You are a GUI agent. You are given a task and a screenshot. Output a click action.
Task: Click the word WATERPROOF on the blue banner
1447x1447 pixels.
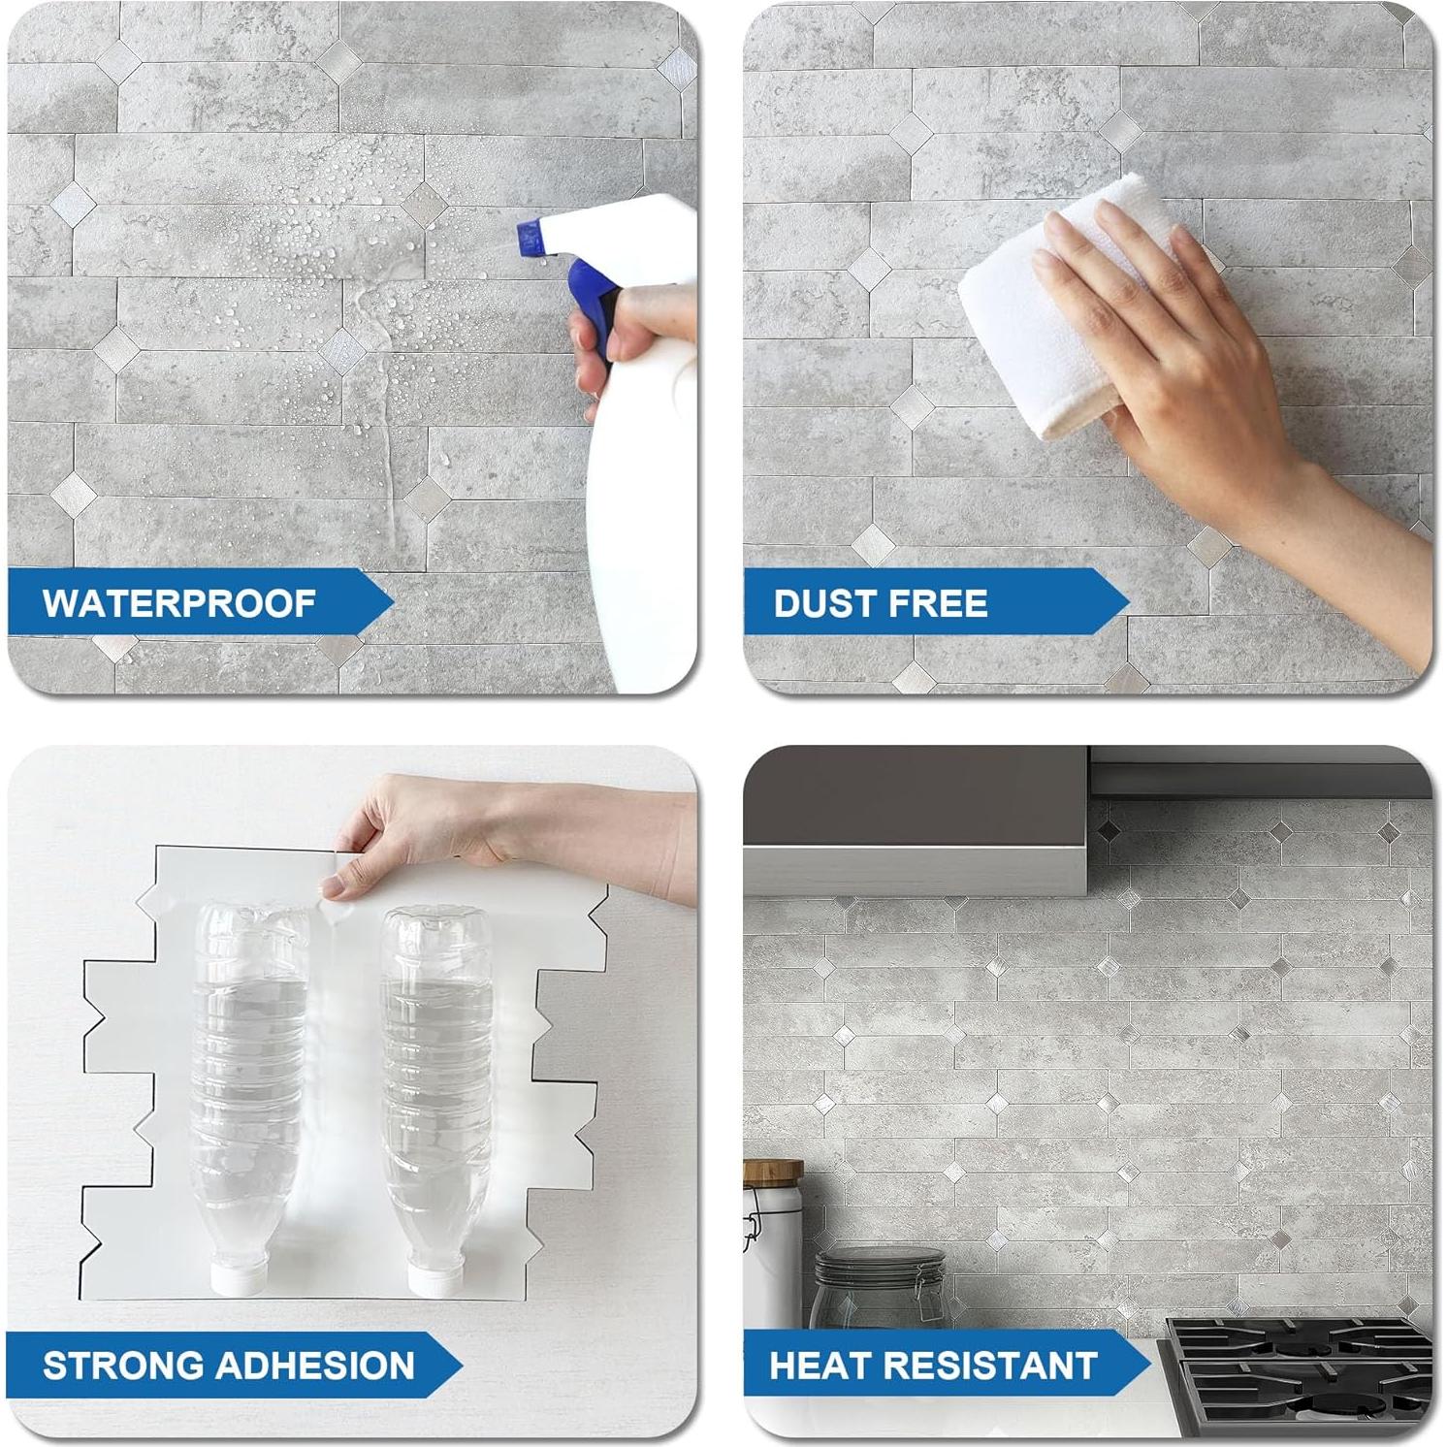(178, 603)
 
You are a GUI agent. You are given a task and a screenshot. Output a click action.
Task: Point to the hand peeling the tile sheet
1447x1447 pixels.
(504, 834)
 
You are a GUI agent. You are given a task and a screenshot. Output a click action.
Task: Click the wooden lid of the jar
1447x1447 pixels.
(772, 1170)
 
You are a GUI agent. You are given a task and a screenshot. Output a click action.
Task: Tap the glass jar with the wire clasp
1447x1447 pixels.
(878, 1290)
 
